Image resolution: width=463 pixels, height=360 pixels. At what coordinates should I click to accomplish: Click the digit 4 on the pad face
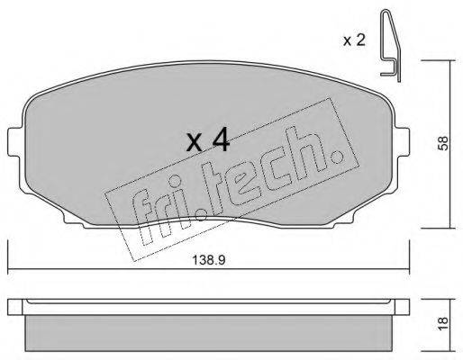click(222, 141)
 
